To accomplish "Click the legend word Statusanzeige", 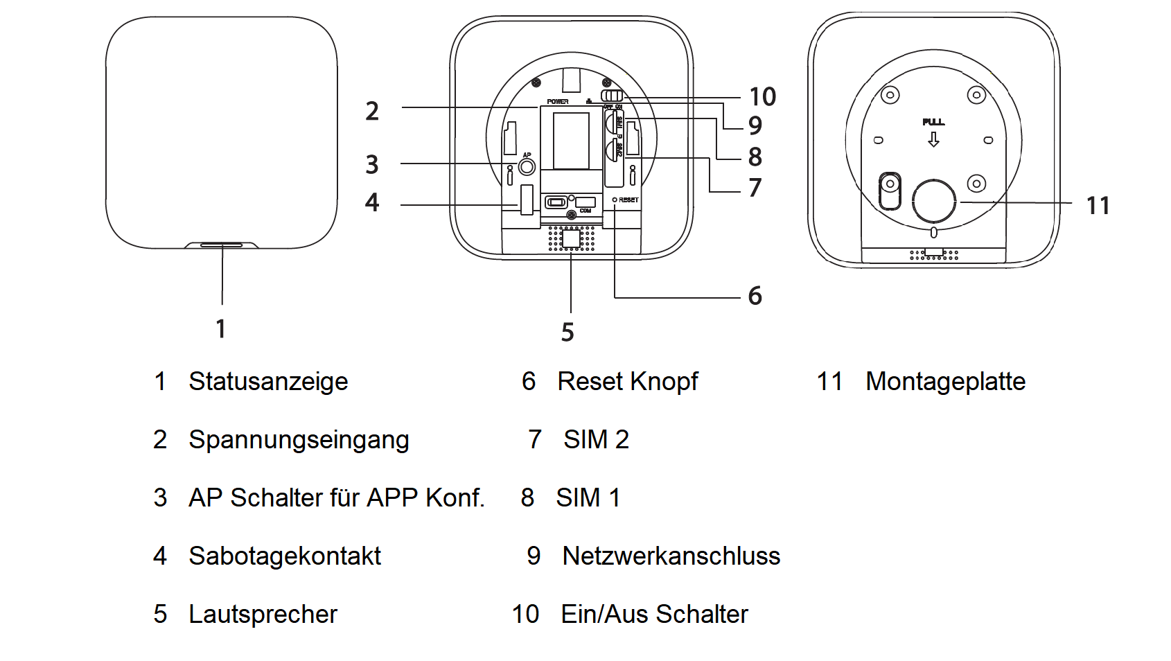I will point(267,382).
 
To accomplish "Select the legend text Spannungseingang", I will point(299,440).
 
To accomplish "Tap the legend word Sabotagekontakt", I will point(284,556).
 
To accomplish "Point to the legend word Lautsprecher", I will point(263,615).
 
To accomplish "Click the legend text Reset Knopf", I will point(627,382).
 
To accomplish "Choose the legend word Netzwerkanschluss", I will point(671,556).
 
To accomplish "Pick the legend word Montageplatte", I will point(945,382).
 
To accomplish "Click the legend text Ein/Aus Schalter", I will point(654,615).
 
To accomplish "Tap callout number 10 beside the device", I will point(762,97).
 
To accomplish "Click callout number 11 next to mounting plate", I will point(1098,206).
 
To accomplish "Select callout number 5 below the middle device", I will point(567,333).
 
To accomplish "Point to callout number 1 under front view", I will point(220,328).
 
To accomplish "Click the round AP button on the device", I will point(527,167).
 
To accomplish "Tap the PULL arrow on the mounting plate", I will point(933,139).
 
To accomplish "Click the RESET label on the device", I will point(628,200).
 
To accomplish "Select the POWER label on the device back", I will point(557,102).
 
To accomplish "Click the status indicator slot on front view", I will point(222,245).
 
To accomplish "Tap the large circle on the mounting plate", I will point(933,201).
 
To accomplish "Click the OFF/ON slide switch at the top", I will point(612,96).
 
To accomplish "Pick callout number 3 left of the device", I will point(372,165).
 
